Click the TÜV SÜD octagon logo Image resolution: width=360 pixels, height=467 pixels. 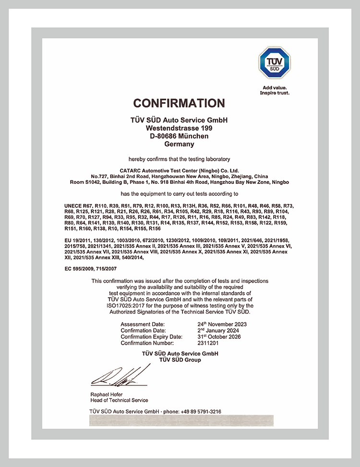[x=274, y=63]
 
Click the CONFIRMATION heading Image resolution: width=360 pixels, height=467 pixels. [x=179, y=103]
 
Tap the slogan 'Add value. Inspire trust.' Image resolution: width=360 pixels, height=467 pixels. [x=275, y=90]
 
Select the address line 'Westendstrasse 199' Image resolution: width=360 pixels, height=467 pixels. [x=179, y=128]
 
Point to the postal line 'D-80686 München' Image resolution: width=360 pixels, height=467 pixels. [x=179, y=136]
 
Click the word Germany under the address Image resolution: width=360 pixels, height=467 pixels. [x=179, y=144]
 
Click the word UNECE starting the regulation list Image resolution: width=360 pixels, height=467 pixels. [x=73, y=206]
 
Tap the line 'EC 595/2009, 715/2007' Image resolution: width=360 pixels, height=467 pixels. [x=91, y=270]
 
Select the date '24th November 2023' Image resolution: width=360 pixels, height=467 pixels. [x=222, y=324]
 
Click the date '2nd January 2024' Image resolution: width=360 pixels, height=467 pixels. [x=218, y=331]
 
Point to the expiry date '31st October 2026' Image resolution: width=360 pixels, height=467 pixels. [x=219, y=337]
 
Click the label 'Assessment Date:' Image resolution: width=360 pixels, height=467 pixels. [x=143, y=324]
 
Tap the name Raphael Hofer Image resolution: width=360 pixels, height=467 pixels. [x=107, y=395]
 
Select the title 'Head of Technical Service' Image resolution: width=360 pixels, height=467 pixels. [x=119, y=400]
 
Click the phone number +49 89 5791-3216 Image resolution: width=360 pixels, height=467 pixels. [x=201, y=411]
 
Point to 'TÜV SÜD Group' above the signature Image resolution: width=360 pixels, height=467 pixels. [x=180, y=359]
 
